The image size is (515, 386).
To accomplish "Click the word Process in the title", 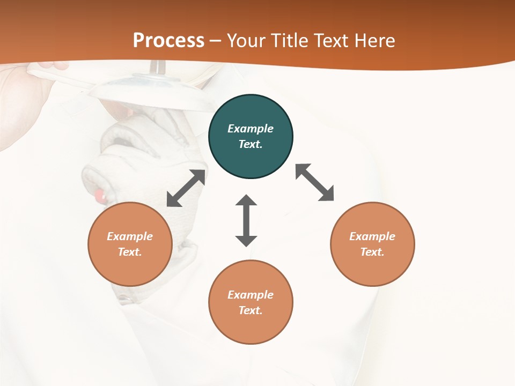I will coord(168,40).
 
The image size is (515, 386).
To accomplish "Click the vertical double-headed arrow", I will coord(246,220).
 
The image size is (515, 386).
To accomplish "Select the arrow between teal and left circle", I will coord(186,188).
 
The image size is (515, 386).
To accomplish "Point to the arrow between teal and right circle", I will coord(315,182).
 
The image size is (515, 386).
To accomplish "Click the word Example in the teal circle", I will coord(251,129).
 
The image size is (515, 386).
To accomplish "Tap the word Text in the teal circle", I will coord(251,144).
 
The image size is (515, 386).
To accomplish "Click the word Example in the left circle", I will coord(130,236).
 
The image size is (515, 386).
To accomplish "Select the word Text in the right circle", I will coord(372,252).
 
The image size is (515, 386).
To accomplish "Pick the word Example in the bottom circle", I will coord(251,295).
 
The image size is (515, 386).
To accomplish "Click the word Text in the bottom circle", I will coord(251,310).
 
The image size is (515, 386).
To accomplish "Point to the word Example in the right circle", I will coord(372,236).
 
